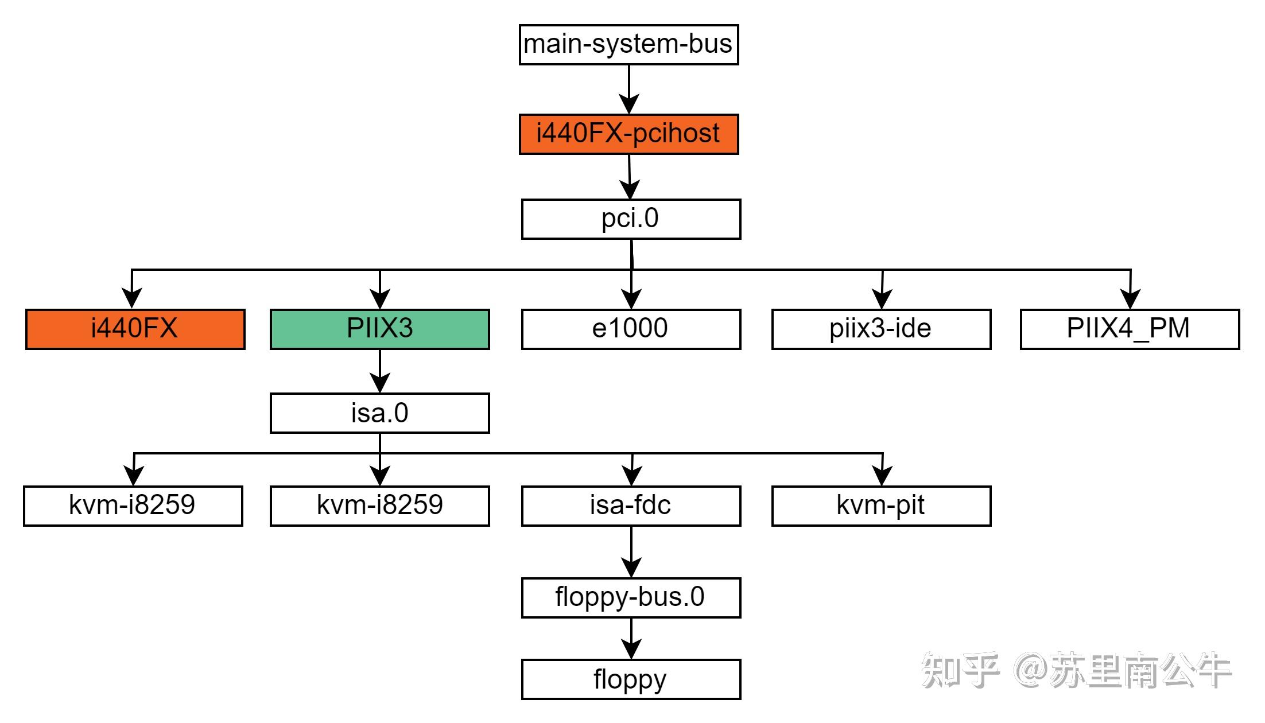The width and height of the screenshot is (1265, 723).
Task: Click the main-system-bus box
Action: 628,45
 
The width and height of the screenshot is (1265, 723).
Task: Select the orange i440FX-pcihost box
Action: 628,134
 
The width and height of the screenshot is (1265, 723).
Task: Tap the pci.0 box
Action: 631,219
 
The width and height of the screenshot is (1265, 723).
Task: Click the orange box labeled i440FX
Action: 135,329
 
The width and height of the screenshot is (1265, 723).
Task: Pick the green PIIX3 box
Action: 379,329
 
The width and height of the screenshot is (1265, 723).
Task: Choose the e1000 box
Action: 631,329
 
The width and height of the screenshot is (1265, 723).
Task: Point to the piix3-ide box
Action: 881,329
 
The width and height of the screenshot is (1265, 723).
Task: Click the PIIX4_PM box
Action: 1130,329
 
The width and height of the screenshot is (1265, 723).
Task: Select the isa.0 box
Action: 379,413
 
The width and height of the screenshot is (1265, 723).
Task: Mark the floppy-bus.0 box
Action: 631,598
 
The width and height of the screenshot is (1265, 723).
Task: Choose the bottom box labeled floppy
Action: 631,679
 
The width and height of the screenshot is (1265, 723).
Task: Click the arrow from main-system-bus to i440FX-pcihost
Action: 629,89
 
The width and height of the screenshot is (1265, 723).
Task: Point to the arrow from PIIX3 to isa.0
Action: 380,371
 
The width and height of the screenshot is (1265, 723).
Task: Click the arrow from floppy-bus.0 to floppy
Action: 631,638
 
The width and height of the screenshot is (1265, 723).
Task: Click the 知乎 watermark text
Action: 960,670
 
